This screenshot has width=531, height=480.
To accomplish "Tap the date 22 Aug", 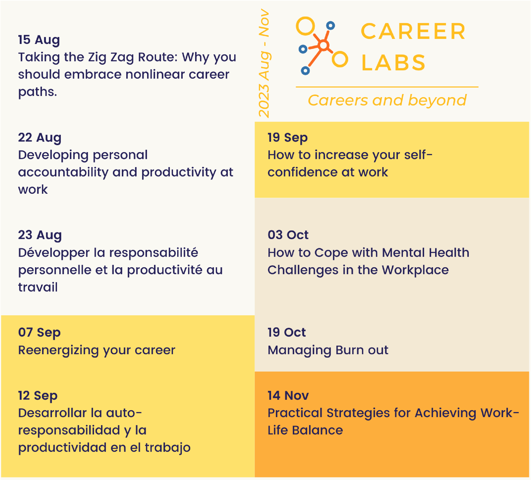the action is pos(40,138).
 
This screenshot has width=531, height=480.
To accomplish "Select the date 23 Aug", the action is pos(40,235).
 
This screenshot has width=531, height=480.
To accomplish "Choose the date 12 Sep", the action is pos(38,396).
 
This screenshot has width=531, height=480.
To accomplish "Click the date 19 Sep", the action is pos(288,138).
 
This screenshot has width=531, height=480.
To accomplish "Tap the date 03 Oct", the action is pos(288,235).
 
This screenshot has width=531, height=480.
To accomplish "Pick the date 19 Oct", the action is pos(286,333).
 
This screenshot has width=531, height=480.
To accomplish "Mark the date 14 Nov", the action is pos(288,396).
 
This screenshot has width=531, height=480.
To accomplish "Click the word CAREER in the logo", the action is pos(413,31).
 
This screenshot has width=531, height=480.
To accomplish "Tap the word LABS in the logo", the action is pos(393,63).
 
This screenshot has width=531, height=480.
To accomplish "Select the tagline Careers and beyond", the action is pos(387,100).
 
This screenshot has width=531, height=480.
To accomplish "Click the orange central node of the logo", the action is pos(324,45).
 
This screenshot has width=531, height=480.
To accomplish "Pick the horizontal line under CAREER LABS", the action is pos(387,87).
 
